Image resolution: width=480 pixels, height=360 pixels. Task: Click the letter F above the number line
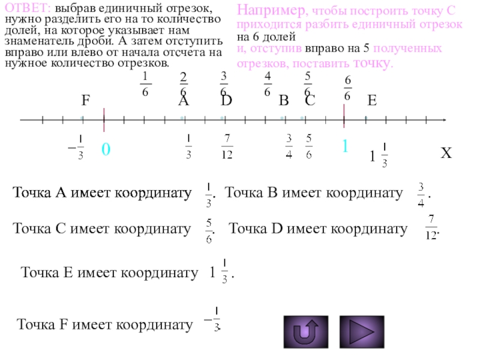(x=86, y=101)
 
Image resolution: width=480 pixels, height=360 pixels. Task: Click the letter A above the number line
(x=184, y=101)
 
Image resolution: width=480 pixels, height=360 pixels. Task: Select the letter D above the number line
(x=227, y=101)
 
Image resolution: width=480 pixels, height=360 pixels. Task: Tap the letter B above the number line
(x=284, y=101)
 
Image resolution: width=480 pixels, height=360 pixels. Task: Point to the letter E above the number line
(x=372, y=101)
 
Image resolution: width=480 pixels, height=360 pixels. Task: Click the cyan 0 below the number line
(x=105, y=149)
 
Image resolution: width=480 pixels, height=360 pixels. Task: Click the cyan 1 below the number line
(x=345, y=147)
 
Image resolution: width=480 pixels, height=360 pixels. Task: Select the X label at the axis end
(x=446, y=154)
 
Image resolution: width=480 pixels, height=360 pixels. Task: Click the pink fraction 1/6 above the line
(x=145, y=83)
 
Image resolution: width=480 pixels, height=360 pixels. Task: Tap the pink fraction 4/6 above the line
(x=267, y=83)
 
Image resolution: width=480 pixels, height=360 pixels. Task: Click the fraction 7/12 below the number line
(x=227, y=147)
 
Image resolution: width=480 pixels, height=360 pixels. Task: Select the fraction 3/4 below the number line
(x=289, y=147)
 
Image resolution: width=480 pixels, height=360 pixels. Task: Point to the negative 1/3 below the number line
(x=77, y=147)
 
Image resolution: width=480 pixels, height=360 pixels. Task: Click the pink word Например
(x=262, y=11)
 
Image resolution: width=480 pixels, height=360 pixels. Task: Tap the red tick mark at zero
(x=104, y=119)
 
